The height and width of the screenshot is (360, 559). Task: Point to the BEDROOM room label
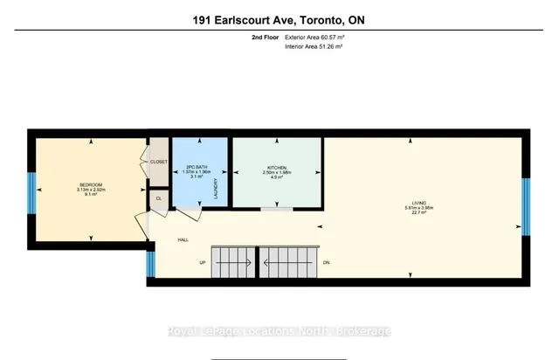pos(91,184)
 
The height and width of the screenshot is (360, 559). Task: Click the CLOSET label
pos(158,162)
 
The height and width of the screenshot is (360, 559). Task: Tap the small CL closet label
pos(158,198)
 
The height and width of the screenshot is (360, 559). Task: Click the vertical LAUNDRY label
pos(215,187)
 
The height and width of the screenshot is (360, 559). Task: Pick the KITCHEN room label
pos(277,167)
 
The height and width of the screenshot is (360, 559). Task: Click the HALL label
pos(183,239)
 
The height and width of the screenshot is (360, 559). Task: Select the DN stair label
pos(325,261)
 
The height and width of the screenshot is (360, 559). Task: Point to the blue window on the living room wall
pos(526,206)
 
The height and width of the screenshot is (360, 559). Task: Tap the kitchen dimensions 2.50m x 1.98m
pos(277,172)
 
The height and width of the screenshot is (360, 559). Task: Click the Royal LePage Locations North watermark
pos(279,331)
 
